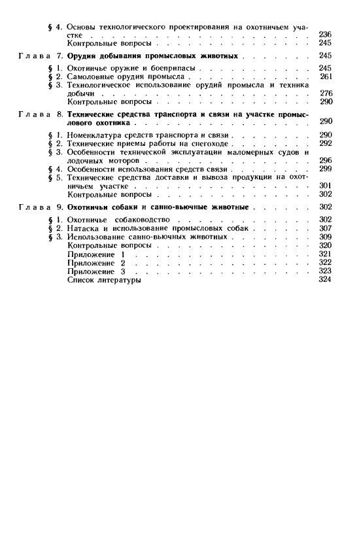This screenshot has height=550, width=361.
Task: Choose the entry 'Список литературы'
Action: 104,280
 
